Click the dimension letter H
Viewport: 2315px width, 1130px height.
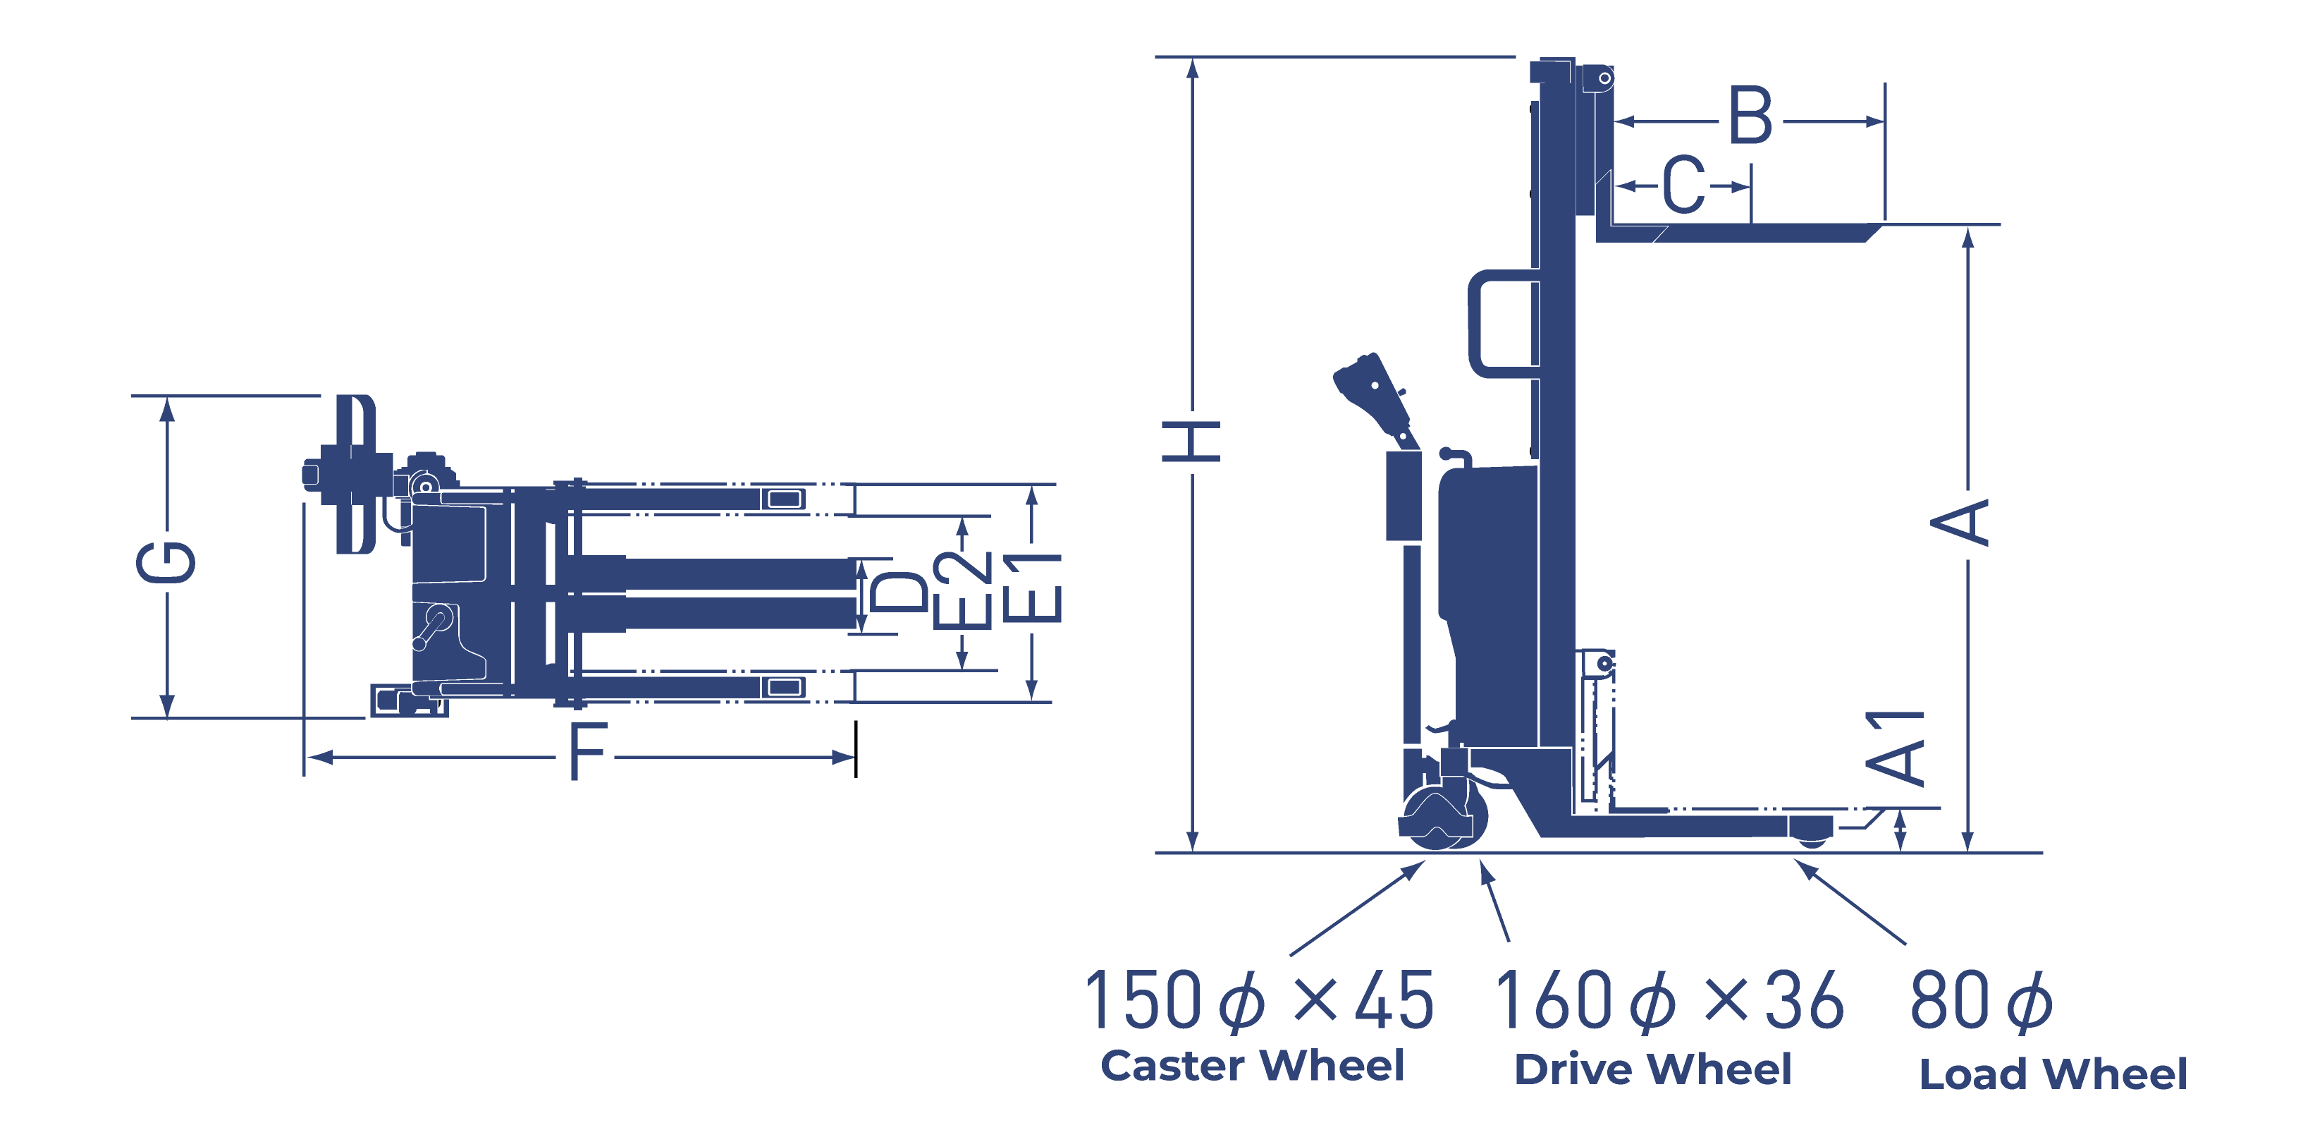point(1191,440)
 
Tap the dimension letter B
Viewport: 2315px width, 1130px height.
point(1750,116)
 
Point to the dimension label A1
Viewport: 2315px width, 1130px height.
point(1894,748)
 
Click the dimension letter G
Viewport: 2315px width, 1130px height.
point(166,562)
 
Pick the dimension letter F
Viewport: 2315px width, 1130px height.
point(589,751)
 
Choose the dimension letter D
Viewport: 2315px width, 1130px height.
point(898,593)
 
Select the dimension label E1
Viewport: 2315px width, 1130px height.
point(1032,588)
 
